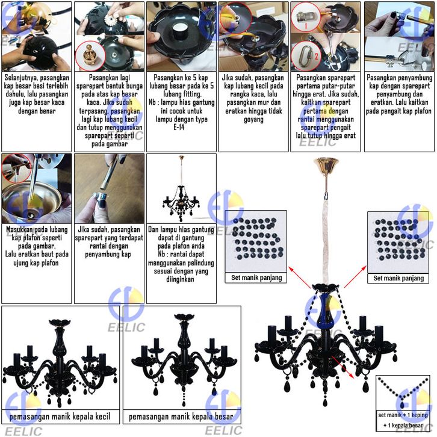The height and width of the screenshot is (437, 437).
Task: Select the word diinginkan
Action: point(181,280)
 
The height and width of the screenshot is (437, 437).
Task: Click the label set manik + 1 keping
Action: point(403,415)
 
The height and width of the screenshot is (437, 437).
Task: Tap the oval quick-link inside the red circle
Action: point(304,57)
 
